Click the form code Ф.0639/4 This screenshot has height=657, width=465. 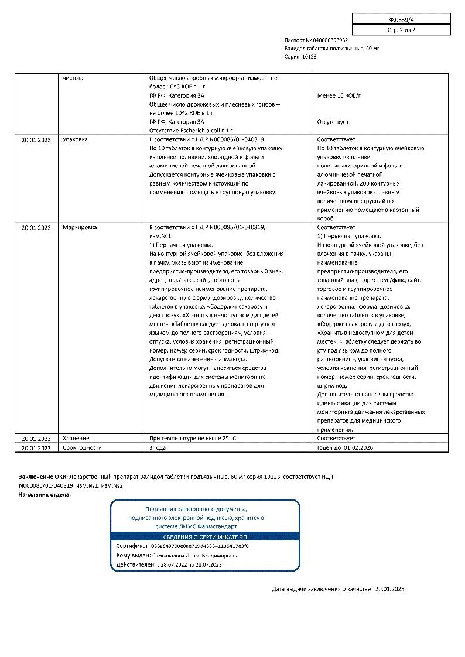(x=401, y=18)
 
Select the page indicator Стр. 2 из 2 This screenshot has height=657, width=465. (x=401, y=29)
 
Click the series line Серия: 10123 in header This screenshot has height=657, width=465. (x=300, y=57)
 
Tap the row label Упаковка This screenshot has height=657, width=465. (x=75, y=140)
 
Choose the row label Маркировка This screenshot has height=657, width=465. (x=80, y=227)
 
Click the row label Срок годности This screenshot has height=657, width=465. (x=82, y=447)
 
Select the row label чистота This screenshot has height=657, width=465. (x=73, y=77)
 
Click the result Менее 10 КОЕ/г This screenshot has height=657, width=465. (x=339, y=95)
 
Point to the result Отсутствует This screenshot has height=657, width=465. (x=333, y=122)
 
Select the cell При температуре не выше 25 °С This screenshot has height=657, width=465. (x=193, y=438)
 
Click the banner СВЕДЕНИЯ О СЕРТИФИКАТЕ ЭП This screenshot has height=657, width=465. (x=204, y=536)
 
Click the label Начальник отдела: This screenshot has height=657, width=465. (x=45, y=495)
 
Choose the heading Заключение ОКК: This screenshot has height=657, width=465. (x=43, y=477)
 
